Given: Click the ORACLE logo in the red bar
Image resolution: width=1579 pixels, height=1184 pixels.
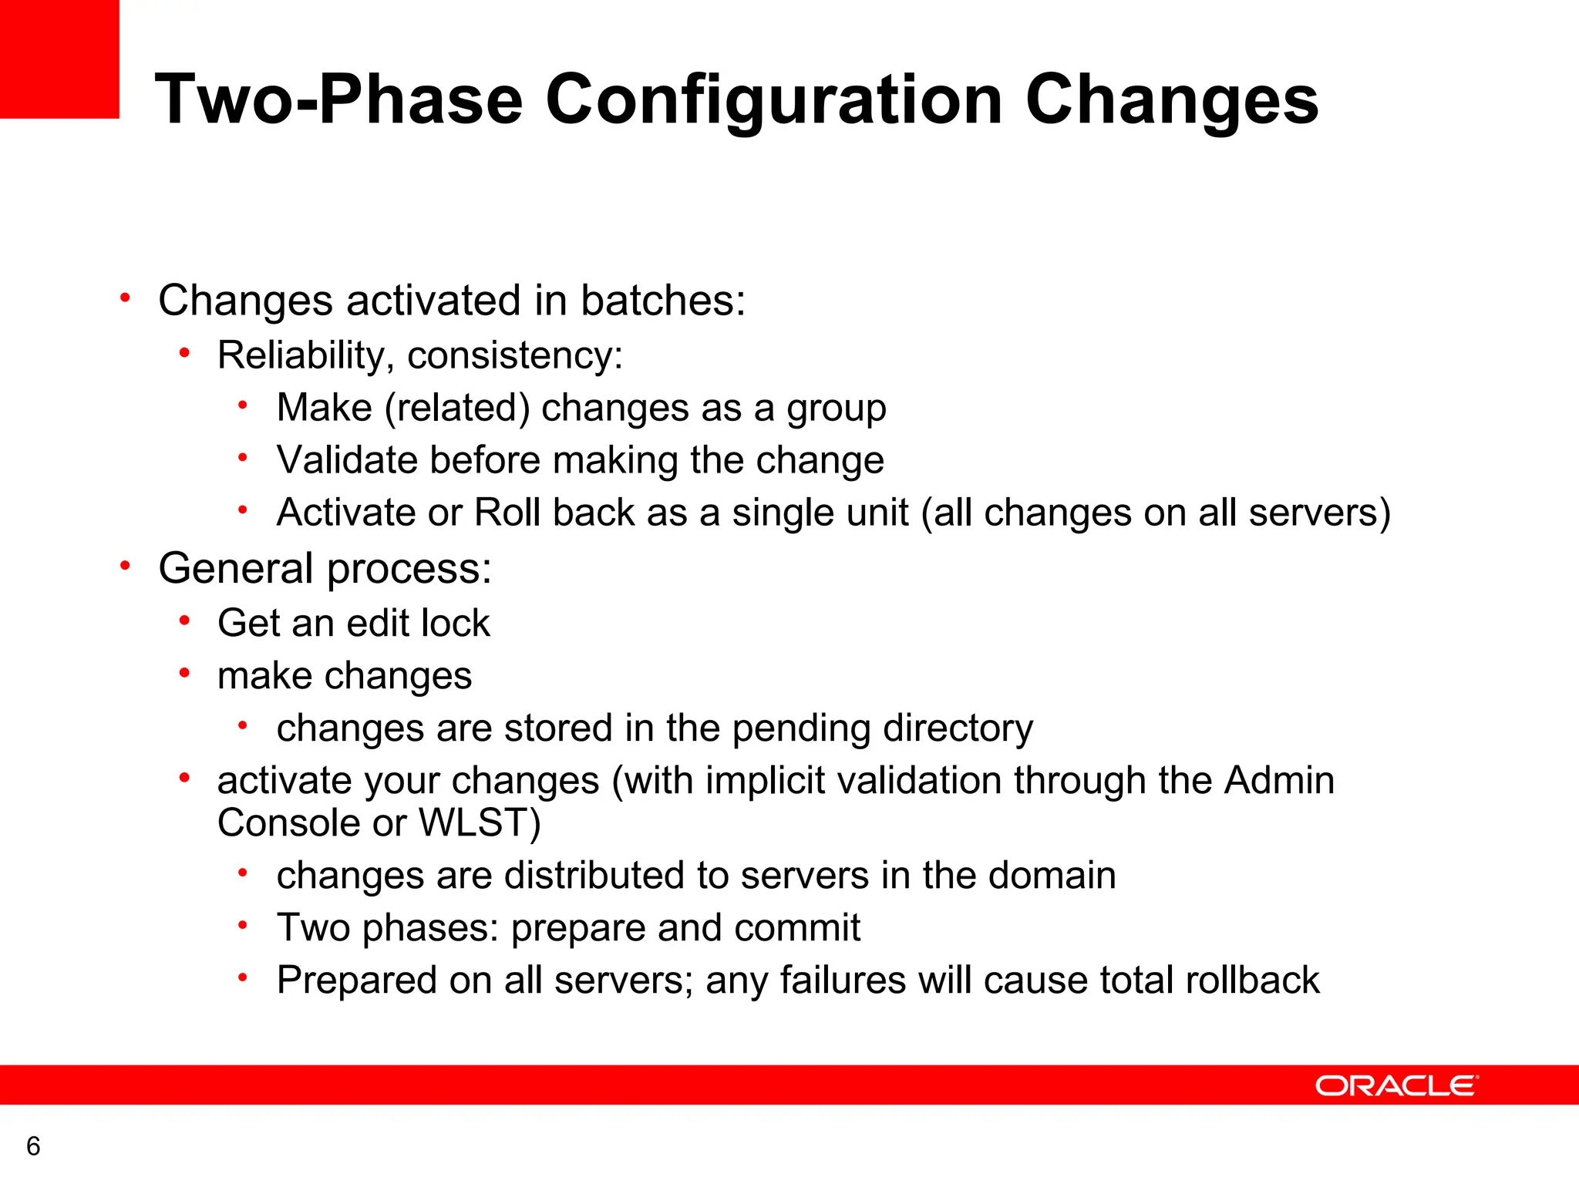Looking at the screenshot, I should pyautogui.click(x=1396, y=1086).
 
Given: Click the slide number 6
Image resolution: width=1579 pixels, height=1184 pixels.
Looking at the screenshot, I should pyautogui.click(x=33, y=1146).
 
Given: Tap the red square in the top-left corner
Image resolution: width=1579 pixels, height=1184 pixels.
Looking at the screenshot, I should pyautogui.click(x=59, y=59).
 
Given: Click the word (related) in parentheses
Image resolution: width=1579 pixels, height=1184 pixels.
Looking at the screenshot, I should pyautogui.click(x=456, y=408).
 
